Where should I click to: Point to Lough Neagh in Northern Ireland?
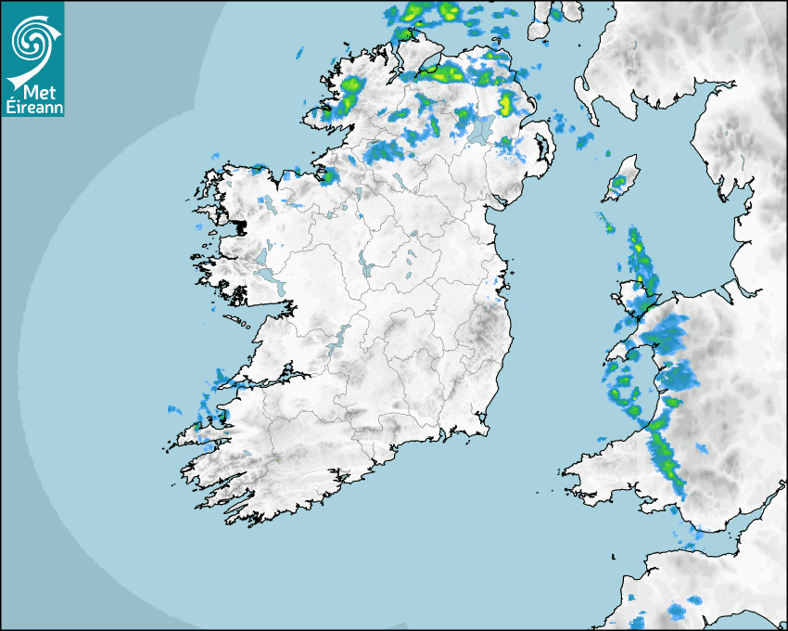(x=479, y=129)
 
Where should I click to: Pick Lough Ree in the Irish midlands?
(x=364, y=264)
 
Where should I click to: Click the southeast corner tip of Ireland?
(x=484, y=429)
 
